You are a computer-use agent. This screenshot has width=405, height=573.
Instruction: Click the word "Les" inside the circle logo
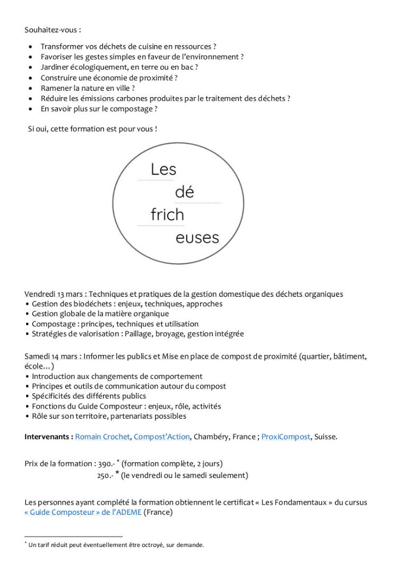point(163,170)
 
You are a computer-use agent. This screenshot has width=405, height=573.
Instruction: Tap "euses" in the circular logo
point(197,238)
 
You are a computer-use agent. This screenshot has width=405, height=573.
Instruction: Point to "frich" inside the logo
point(167,215)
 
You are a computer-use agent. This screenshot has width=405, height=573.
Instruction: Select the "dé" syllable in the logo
point(185,192)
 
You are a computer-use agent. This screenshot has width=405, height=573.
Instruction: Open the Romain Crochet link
point(102,437)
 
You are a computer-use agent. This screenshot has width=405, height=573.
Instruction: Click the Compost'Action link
point(161,437)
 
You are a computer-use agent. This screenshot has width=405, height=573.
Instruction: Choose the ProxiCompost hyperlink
point(286,437)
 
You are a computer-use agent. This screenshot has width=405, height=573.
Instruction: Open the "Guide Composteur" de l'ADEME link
point(83,513)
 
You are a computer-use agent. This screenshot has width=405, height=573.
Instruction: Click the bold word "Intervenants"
point(47,437)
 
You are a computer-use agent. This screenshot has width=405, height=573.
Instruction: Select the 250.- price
point(105,476)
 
